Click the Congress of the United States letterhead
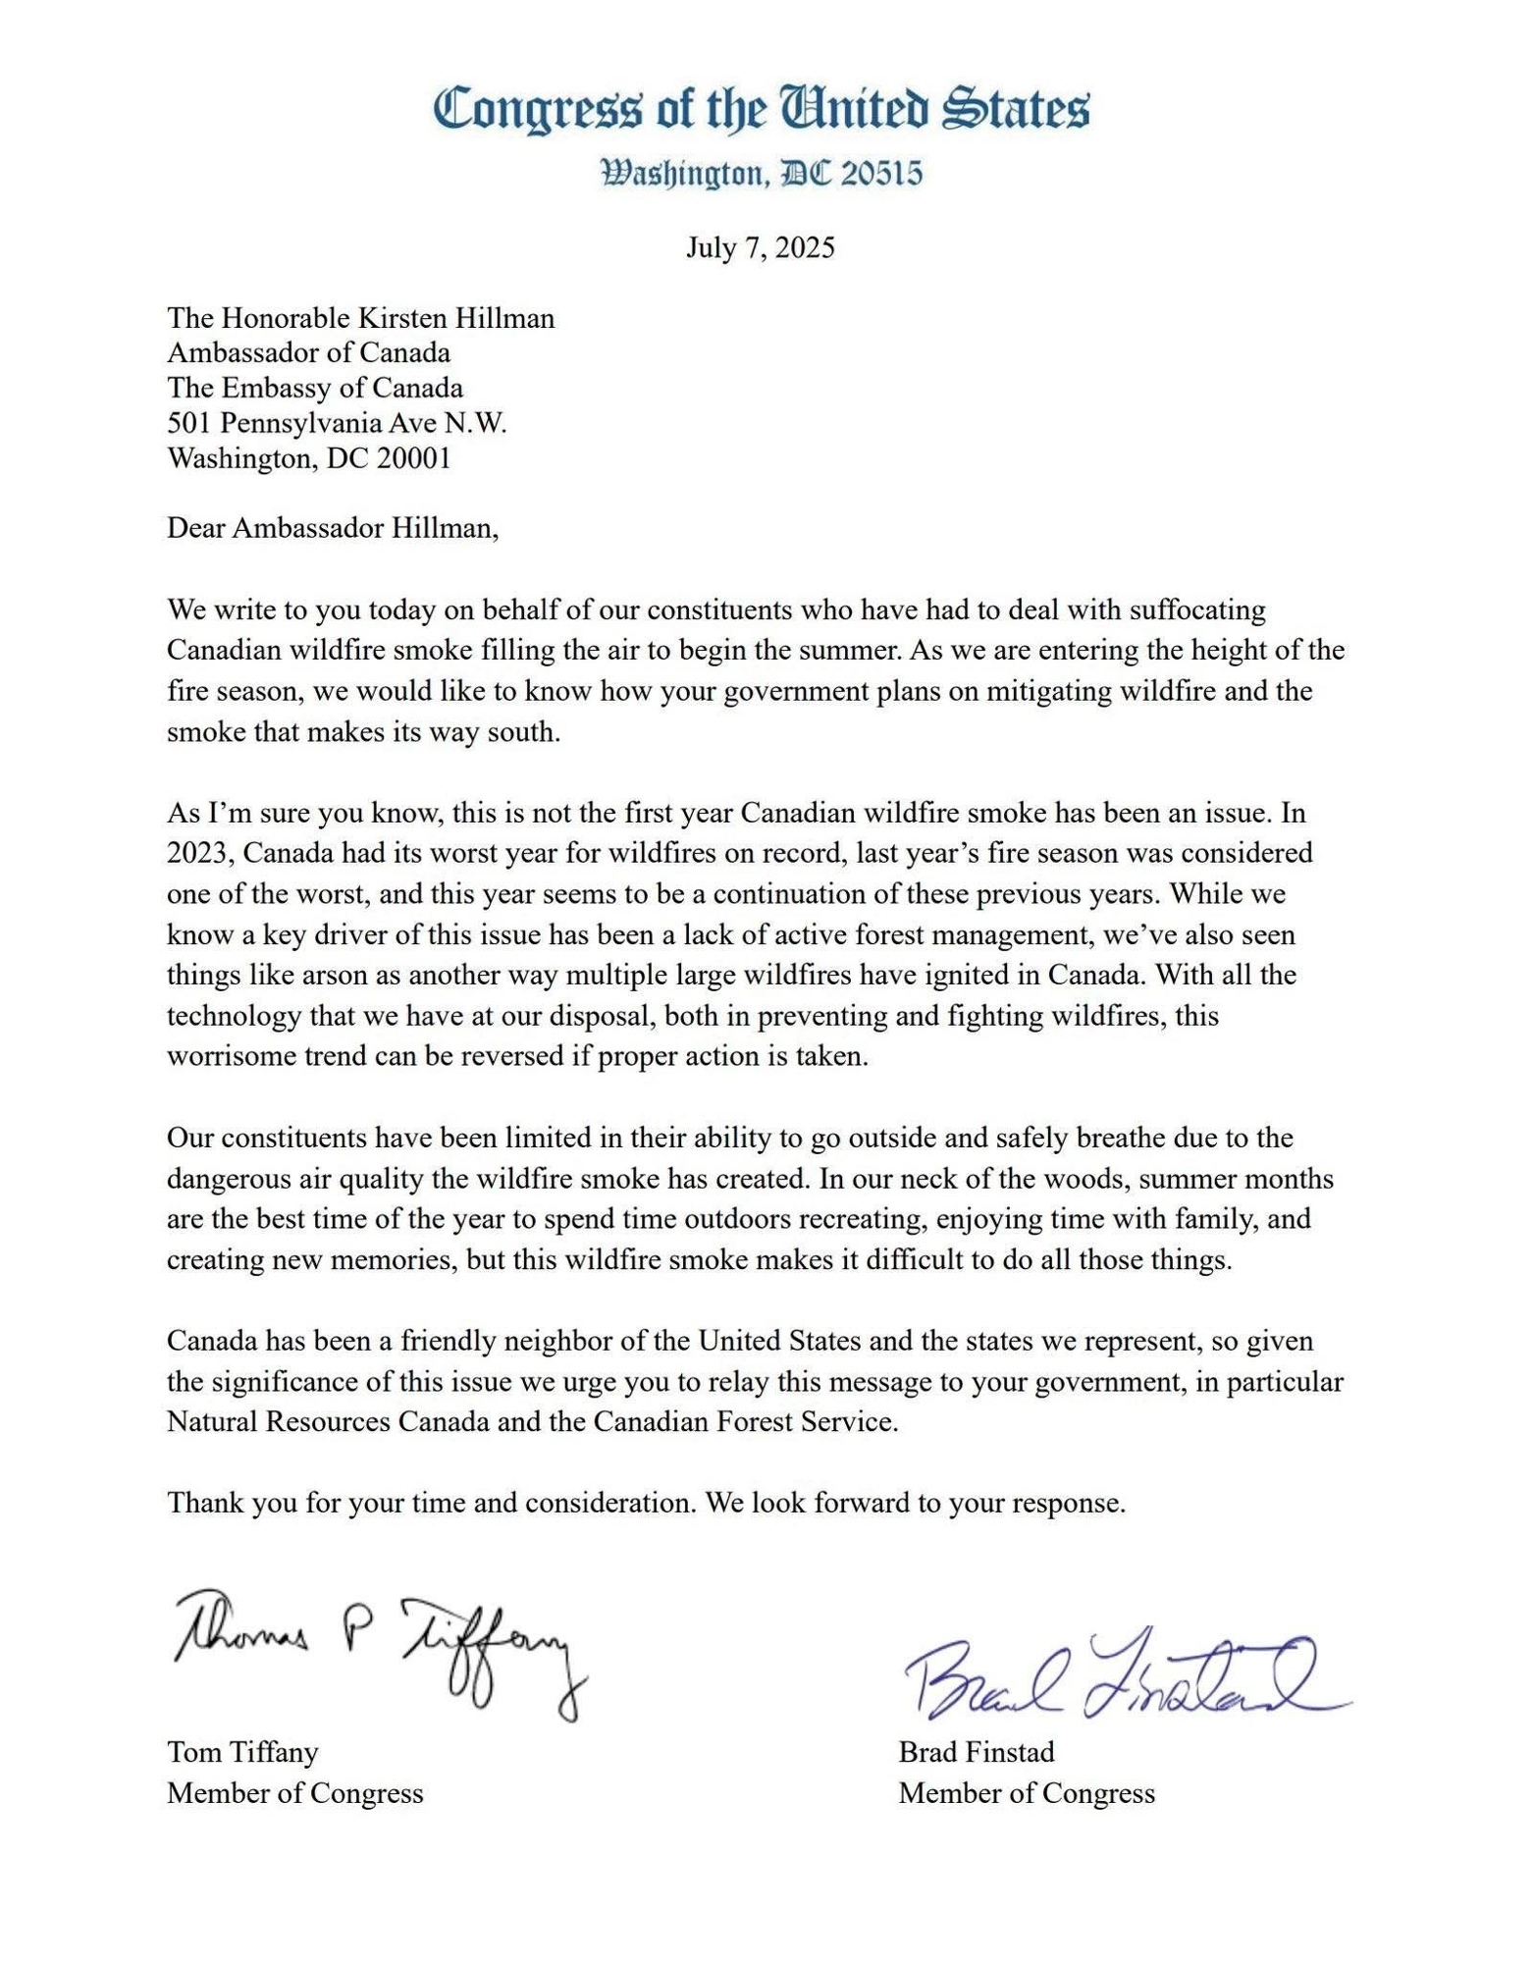pyautogui.click(x=761, y=109)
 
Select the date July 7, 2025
pyautogui.click(x=760, y=247)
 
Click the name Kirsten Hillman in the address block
pyautogui.click(x=455, y=318)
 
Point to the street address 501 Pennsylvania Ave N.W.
pyautogui.click(x=337, y=423)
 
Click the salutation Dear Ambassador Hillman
pyautogui.click(x=333, y=528)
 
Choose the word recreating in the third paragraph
pyautogui.click(x=864, y=1219)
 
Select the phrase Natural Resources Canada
pyautogui.click(x=328, y=1421)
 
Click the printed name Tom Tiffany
pyautogui.click(x=242, y=1752)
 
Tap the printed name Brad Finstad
pyautogui.click(x=976, y=1752)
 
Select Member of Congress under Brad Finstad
pyautogui.click(x=1026, y=1793)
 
